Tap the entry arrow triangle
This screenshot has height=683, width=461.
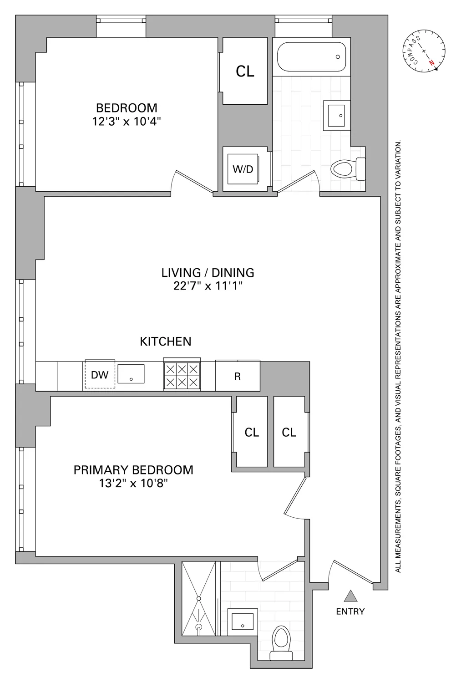350,596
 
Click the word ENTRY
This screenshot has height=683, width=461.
350,612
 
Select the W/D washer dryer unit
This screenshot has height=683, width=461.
243,169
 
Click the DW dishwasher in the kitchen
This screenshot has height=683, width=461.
100,375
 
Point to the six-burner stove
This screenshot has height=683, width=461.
182,375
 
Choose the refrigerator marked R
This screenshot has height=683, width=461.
237,376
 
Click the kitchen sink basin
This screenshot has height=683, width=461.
131,373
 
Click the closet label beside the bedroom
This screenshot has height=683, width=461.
245,71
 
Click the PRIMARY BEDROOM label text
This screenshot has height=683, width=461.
133,470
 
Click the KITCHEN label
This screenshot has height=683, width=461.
165,341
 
